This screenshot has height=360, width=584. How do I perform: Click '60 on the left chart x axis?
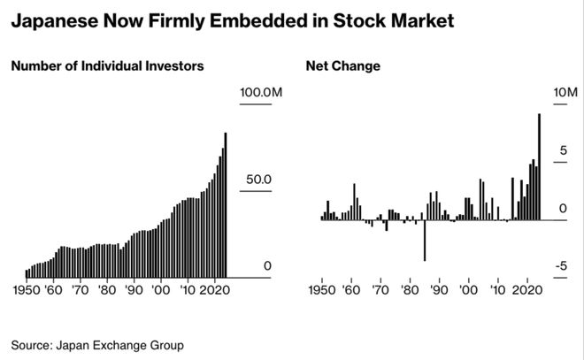[54, 289]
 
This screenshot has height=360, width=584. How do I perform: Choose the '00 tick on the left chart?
[161, 289]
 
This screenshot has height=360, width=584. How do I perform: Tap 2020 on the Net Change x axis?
[528, 289]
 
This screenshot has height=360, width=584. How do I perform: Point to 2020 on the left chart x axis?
[214, 289]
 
